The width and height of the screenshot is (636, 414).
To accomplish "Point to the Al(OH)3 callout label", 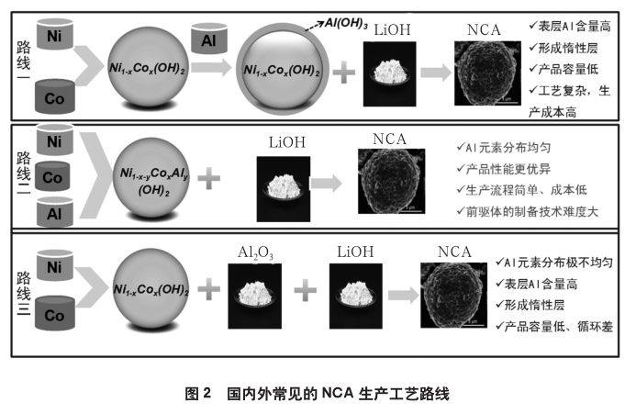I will pyautogui.click(x=343, y=24).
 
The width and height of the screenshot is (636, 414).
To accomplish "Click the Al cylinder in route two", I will pyautogui.click(x=54, y=213).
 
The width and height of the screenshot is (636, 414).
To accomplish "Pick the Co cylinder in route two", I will pyautogui.click(x=54, y=175).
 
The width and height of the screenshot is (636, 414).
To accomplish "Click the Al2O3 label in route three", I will pyautogui.click(x=256, y=252).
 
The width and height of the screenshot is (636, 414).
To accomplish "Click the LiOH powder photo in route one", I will pyautogui.click(x=391, y=71).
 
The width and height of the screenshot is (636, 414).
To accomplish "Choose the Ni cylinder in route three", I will pyautogui.click(x=54, y=267).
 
